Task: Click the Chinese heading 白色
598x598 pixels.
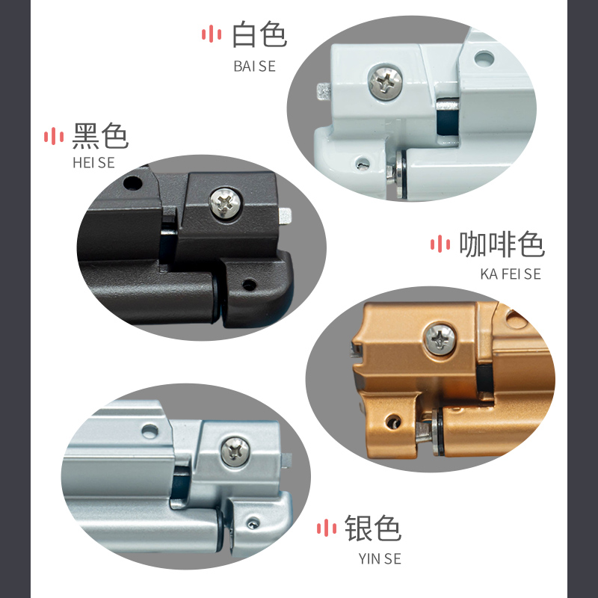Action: pyautogui.click(x=259, y=34)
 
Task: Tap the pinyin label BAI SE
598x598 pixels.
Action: pyautogui.click(x=254, y=67)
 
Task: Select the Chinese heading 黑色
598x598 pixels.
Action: pyautogui.click(x=100, y=136)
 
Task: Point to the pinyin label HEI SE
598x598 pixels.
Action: pyautogui.click(x=93, y=163)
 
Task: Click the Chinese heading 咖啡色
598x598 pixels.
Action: pyautogui.click(x=502, y=244)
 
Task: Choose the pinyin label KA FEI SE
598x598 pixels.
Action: pyautogui.click(x=511, y=274)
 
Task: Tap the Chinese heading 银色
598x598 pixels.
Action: pyautogui.click(x=372, y=528)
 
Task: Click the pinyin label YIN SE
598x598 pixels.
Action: pyautogui.click(x=380, y=558)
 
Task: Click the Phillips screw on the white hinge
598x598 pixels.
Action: pyautogui.click(x=385, y=82)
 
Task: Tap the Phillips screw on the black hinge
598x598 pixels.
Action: pyautogui.click(x=225, y=203)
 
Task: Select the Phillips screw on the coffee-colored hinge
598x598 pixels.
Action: pyautogui.click(x=440, y=339)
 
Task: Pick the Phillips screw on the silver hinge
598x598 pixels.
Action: pyautogui.click(x=235, y=452)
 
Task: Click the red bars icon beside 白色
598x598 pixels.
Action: pyautogui.click(x=212, y=34)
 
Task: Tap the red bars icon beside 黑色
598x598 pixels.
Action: pyautogui.click(x=54, y=136)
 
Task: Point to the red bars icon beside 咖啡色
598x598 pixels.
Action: pyautogui.click(x=440, y=244)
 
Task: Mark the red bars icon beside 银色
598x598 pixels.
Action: pyautogui.click(x=327, y=528)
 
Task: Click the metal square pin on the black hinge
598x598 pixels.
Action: pyautogui.click(x=286, y=216)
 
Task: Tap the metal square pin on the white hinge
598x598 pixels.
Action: pyautogui.click(x=324, y=91)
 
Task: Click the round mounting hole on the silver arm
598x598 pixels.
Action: pyautogui.click(x=150, y=431)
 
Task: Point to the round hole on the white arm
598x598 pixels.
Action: pyautogui.click(x=484, y=59)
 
